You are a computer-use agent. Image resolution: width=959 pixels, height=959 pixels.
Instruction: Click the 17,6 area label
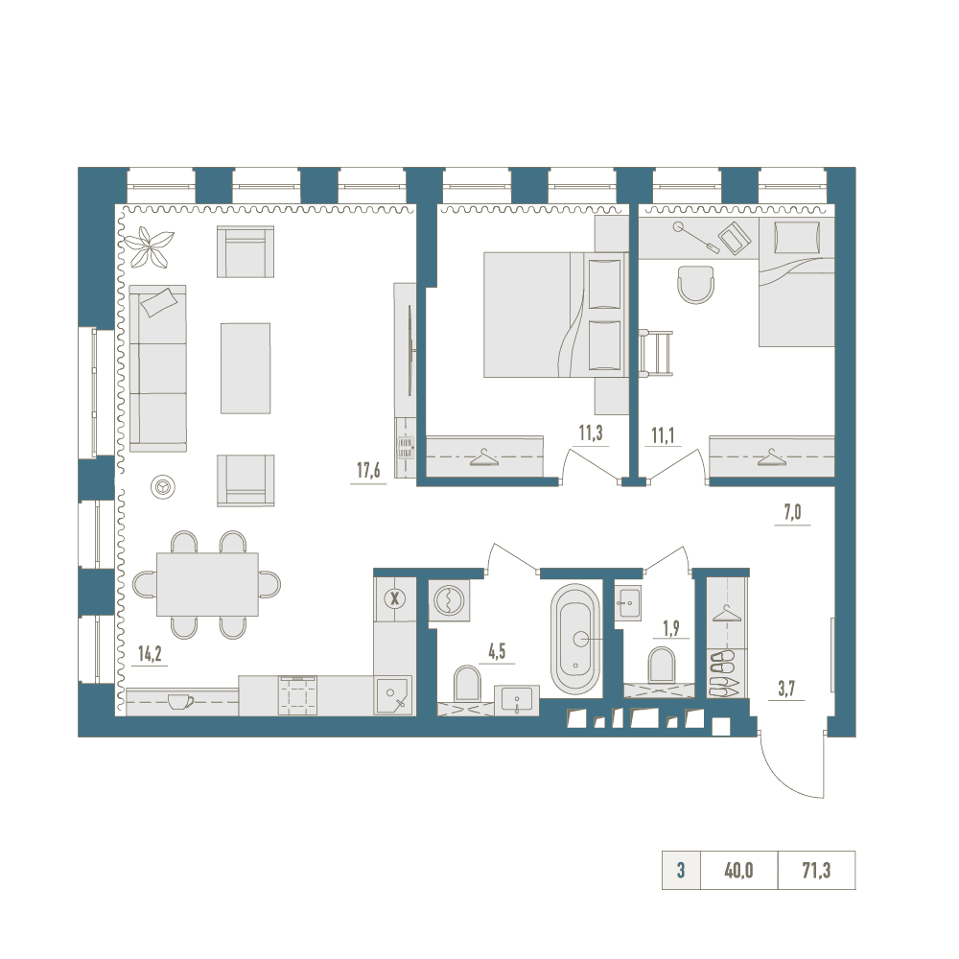click(368, 470)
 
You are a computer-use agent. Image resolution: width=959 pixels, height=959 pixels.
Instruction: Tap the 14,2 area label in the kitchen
click(150, 654)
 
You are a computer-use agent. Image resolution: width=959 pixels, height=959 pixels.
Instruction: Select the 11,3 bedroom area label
click(591, 433)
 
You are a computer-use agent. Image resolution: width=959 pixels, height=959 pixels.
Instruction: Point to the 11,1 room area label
click(663, 435)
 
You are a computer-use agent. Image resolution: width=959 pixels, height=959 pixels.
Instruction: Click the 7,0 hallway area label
click(793, 512)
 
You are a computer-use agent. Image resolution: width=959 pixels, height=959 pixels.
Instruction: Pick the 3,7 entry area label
click(786, 689)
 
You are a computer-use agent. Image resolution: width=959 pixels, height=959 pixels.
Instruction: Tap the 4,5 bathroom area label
click(497, 651)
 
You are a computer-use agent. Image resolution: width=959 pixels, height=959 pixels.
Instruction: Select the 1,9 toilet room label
click(671, 628)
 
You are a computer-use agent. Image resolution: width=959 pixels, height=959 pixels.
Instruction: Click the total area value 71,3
click(816, 870)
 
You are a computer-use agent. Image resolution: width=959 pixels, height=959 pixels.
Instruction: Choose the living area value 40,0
click(738, 870)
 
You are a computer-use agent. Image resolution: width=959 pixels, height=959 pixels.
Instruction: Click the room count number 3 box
click(681, 870)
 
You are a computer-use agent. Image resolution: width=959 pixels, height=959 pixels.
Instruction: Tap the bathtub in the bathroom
click(575, 640)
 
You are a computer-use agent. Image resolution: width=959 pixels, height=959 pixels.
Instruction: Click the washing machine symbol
click(450, 600)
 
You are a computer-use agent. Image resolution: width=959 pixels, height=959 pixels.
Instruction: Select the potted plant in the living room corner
click(149, 246)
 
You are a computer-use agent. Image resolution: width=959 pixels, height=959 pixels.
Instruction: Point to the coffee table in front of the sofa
click(246, 368)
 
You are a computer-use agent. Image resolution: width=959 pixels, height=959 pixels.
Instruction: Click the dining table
click(207, 584)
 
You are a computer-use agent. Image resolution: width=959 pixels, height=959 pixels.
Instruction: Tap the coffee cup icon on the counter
click(180, 701)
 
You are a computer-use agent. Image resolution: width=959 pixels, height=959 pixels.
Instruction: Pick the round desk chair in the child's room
click(696, 285)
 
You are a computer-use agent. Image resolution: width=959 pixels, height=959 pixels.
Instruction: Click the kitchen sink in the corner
click(393, 694)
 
